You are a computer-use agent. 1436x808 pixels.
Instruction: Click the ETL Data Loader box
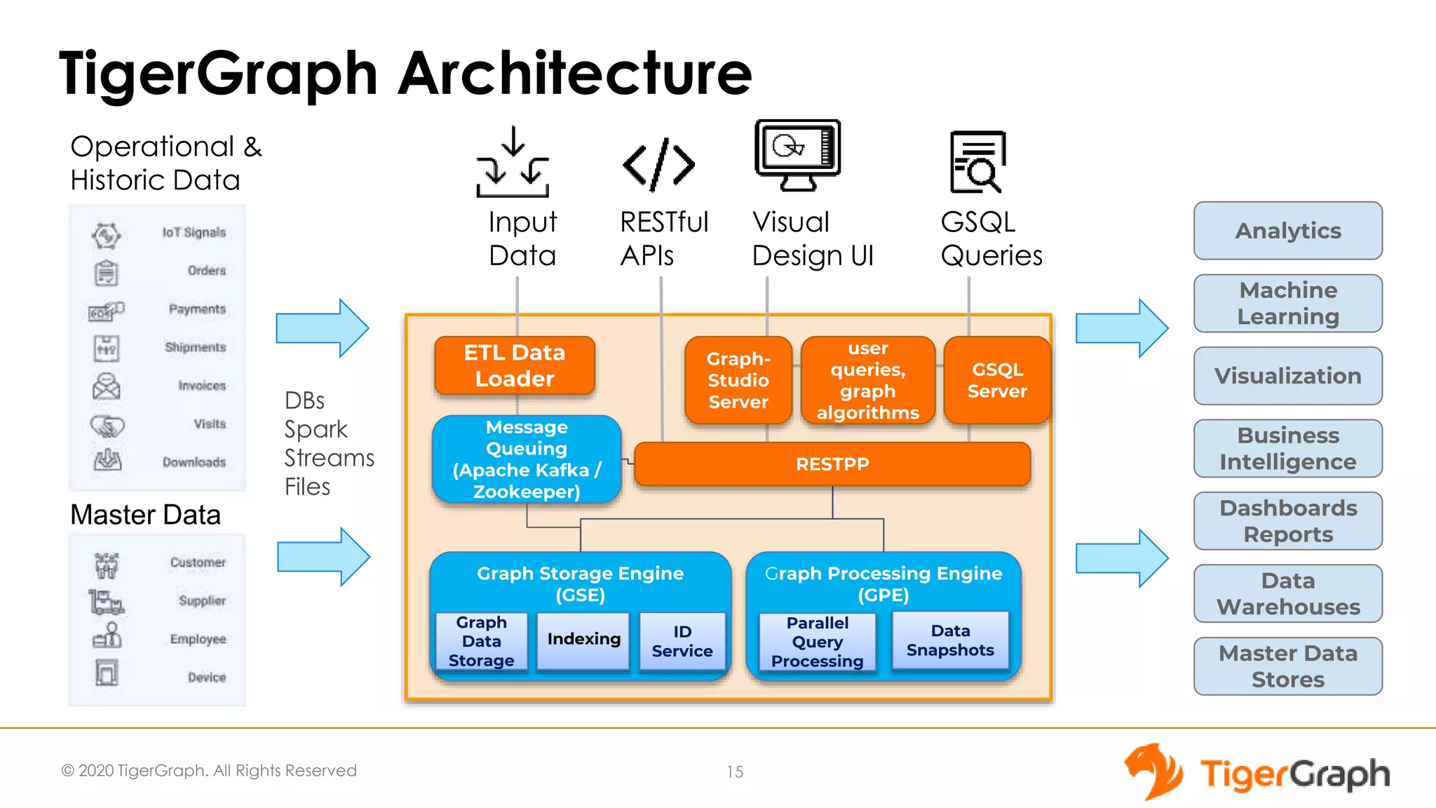click(514, 365)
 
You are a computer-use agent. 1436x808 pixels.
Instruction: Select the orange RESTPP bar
click(832, 464)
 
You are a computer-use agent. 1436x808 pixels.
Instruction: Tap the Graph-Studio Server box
click(738, 380)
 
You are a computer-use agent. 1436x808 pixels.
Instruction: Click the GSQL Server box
click(997, 380)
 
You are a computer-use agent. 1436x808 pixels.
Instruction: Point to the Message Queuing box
click(527, 459)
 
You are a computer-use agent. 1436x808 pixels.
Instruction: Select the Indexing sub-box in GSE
click(583, 639)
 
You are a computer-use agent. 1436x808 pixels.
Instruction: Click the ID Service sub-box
click(682, 641)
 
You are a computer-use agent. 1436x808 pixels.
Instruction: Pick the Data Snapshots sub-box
click(950, 640)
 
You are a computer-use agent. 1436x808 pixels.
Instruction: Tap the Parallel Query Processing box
click(817, 642)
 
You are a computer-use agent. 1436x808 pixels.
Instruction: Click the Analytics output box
click(1288, 231)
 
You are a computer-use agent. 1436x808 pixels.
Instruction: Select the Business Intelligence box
click(1288, 448)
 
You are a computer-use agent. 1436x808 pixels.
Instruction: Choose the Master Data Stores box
click(1288, 666)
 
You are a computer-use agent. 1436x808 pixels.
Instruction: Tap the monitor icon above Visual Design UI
click(798, 154)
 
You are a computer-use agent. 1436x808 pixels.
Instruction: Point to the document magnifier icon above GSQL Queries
click(977, 162)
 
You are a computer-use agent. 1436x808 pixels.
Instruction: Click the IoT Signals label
click(194, 232)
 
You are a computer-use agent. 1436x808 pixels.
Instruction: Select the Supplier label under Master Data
click(202, 600)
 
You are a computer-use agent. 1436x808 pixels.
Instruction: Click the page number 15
click(735, 772)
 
